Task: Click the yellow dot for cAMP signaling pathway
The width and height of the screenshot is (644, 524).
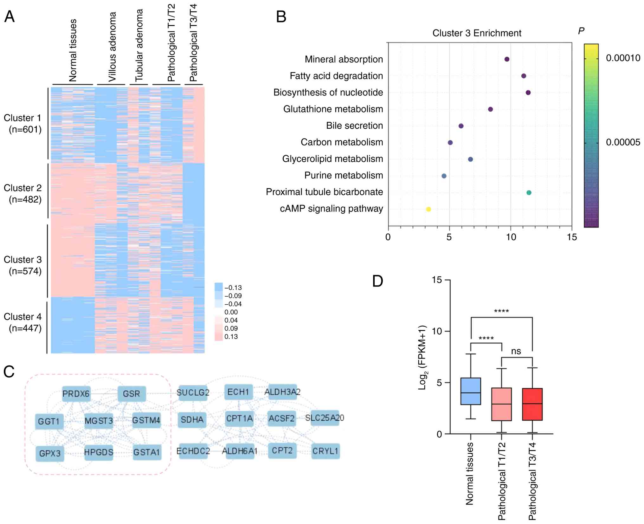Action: (x=428, y=209)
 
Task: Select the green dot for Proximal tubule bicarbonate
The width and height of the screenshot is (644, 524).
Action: (x=529, y=192)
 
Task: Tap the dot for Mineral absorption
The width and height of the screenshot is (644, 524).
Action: (x=507, y=59)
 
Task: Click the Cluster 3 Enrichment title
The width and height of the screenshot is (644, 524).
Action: (x=477, y=33)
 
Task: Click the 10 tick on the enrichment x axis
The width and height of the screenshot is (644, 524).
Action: (x=511, y=237)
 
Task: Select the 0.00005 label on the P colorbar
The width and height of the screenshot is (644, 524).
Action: (x=623, y=142)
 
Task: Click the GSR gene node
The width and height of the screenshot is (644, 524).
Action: (x=132, y=394)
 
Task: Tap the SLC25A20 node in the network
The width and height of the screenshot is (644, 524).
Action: (x=325, y=418)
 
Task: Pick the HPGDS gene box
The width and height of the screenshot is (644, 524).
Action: (x=99, y=452)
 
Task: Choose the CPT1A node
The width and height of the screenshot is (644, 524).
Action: (x=239, y=418)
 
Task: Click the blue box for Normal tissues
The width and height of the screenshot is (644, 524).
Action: (x=471, y=391)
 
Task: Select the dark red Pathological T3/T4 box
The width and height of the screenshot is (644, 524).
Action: (x=532, y=404)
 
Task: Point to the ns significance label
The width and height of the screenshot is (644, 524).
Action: (x=516, y=351)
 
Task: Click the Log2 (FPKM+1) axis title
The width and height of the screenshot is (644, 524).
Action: (x=423, y=358)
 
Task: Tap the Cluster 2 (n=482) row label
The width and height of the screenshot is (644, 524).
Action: (x=23, y=194)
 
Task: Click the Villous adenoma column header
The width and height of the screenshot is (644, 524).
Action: (x=112, y=47)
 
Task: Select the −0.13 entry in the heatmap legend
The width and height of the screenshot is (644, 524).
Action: (x=233, y=288)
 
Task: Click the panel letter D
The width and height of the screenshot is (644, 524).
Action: (x=378, y=281)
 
